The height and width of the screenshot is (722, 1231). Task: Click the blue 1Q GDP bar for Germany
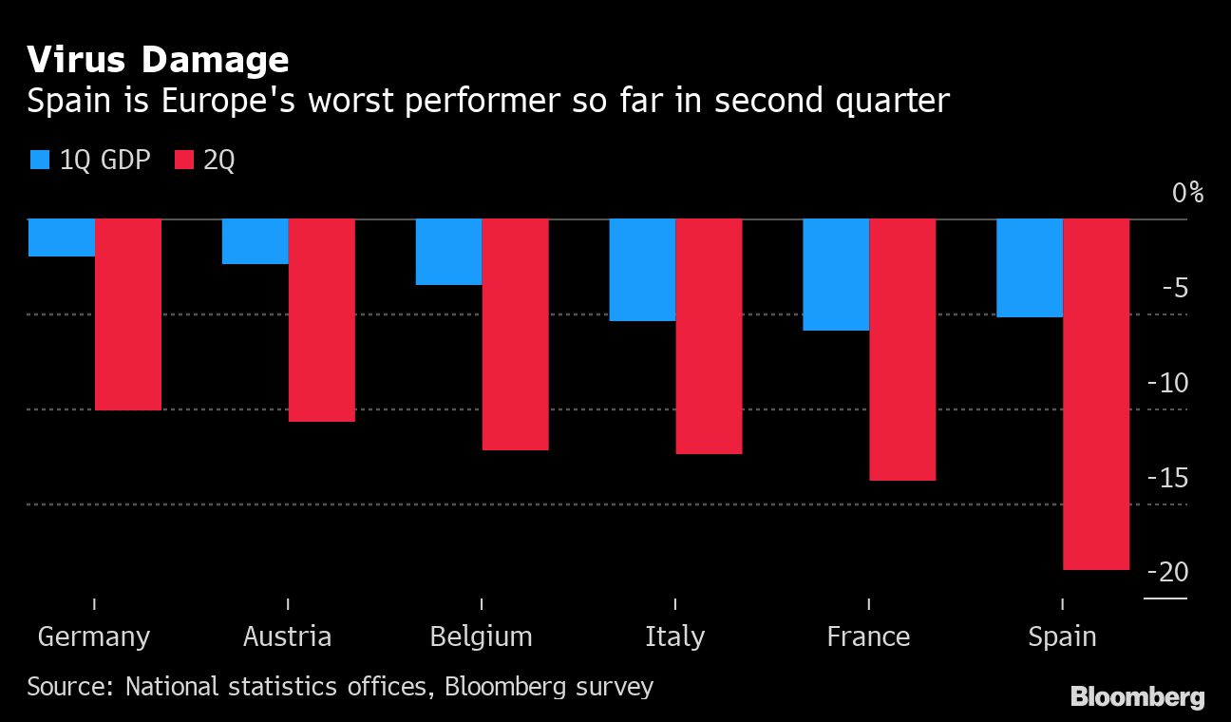pos(62,237)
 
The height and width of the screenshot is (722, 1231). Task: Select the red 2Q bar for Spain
pos(1096,394)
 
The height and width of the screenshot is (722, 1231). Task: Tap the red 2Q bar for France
pos(902,350)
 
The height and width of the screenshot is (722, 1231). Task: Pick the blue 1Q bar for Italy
pos(642,270)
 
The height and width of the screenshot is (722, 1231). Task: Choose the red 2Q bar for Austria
pos(322,320)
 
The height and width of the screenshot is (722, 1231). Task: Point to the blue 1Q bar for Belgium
pos(448,252)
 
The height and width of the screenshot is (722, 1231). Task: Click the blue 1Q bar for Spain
pos(1030,268)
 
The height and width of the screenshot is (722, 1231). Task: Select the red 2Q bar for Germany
pos(128,314)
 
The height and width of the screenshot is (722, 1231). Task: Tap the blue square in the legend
pos(39,160)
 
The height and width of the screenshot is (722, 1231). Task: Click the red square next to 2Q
pos(183,160)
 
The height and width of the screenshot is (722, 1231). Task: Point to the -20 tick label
pos(1167,572)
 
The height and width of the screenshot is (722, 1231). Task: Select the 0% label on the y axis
pos(1186,193)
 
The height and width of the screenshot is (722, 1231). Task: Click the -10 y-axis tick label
pos(1167,383)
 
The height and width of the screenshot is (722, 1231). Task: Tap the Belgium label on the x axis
pos(481,636)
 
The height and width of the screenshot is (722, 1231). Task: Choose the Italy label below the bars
pos(674,636)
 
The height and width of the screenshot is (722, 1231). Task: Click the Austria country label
pos(287,636)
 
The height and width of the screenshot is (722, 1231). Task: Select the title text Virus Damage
pos(158,60)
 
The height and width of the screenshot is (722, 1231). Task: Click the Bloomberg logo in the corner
pos(1137,697)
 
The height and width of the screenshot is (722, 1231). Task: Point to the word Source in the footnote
pos(68,686)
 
